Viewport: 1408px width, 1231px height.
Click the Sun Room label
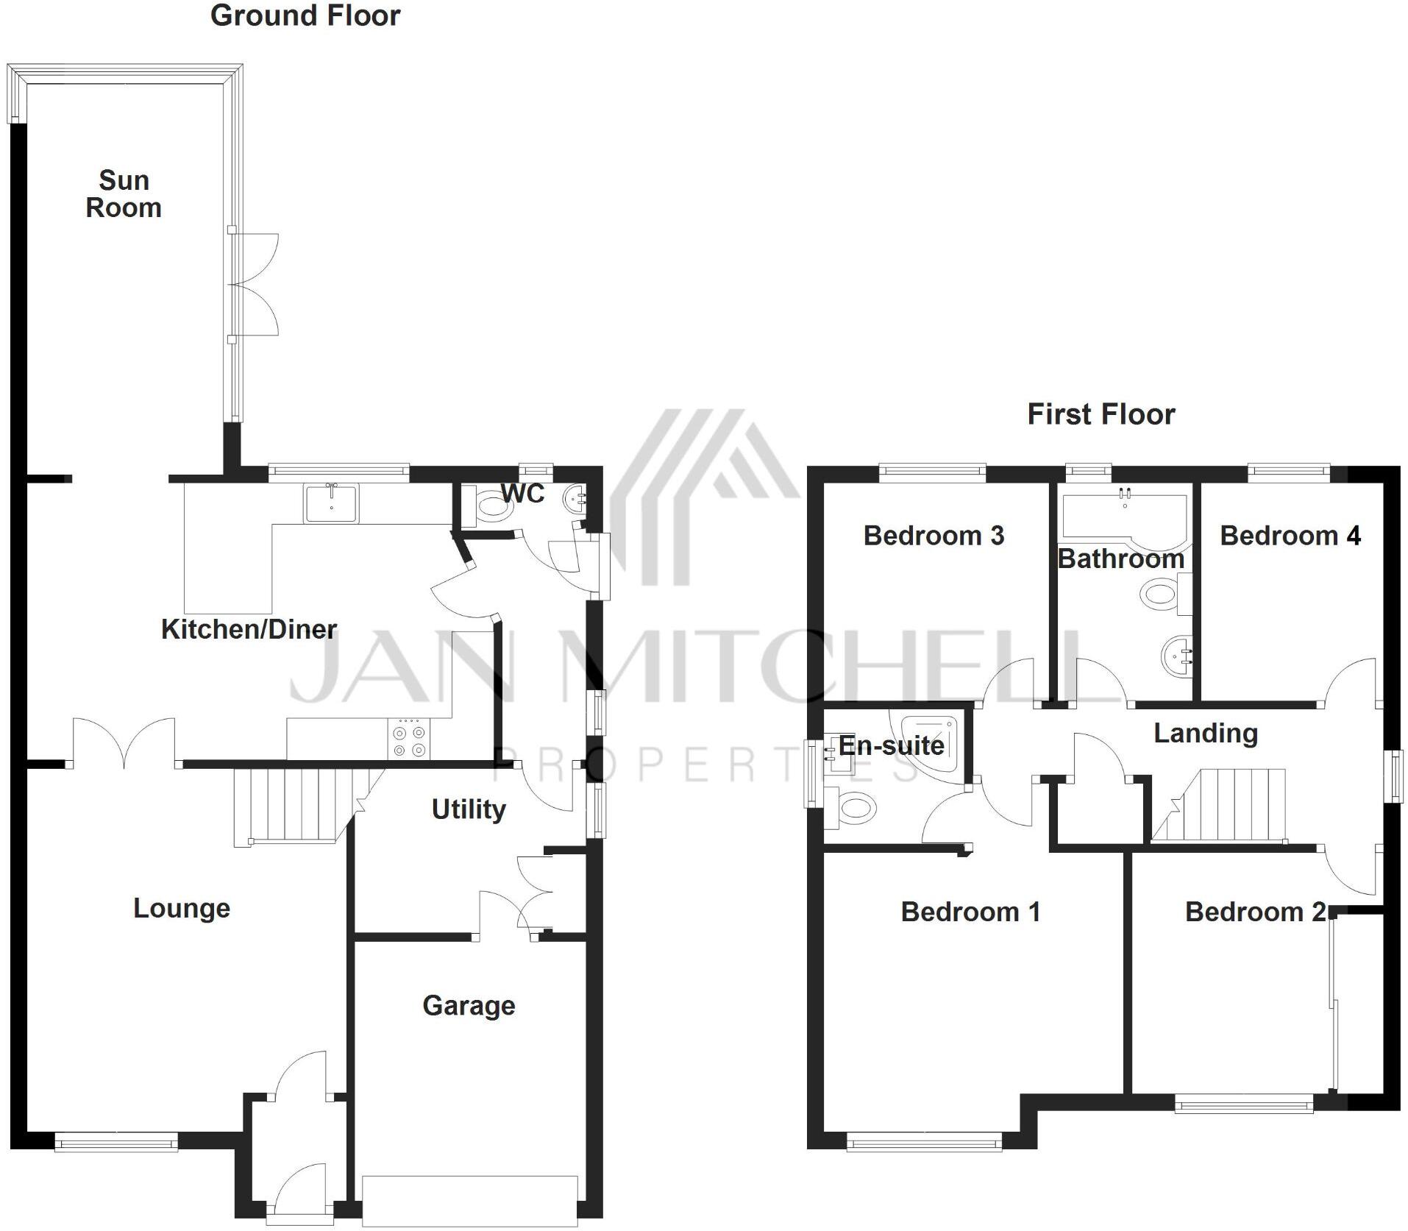(124, 194)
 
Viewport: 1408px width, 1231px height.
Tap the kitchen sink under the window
(331, 503)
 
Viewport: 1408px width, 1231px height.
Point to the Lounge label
(182, 909)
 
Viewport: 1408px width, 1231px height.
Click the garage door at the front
(469, 1199)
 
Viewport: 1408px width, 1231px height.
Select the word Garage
(469, 1006)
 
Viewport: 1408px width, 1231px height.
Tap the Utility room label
(469, 809)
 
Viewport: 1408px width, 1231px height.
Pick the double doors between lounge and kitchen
(124, 743)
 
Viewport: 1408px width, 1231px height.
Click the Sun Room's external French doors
(254, 284)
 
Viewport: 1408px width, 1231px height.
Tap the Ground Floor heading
(305, 16)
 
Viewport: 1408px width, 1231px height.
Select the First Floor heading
(1101, 415)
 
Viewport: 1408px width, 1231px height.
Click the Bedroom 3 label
(934, 536)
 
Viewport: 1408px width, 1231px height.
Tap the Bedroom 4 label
(1290, 536)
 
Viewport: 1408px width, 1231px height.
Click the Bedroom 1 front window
(924, 1143)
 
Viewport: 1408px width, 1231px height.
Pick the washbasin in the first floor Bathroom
(1175, 653)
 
